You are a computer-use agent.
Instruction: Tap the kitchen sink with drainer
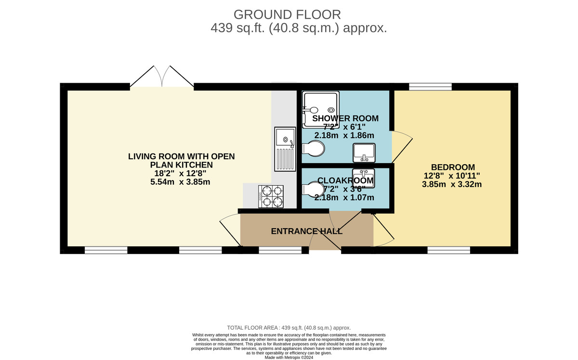pyautogui.click(x=285, y=149)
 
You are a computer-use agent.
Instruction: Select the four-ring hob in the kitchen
pyautogui.click(x=271, y=196)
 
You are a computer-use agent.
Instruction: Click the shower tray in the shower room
pyautogui.click(x=320, y=110)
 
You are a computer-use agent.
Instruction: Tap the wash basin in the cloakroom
pyautogui.click(x=364, y=178)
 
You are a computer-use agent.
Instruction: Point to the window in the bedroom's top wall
pyautogui.click(x=430, y=87)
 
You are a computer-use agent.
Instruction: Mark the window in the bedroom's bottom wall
pyautogui.click(x=448, y=250)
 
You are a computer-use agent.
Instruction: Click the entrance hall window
pyautogui.click(x=280, y=250)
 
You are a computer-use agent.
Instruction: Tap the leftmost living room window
pyautogui.click(x=106, y=250)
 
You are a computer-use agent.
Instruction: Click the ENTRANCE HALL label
pyautogui.click(x=307, y=231)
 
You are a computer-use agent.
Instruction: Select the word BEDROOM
pyautogui.click(x=452, y=167)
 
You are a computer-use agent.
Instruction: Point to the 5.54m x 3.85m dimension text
pyautogui.click(x=180, y=182)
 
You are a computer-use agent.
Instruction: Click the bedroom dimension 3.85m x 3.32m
pyautogui.click(x=452, y=184)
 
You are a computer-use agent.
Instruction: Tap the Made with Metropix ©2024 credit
pyautogui.click(x=289, y=358)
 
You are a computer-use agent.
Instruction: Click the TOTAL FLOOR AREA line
pyautogui.click(x=289, y=327)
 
